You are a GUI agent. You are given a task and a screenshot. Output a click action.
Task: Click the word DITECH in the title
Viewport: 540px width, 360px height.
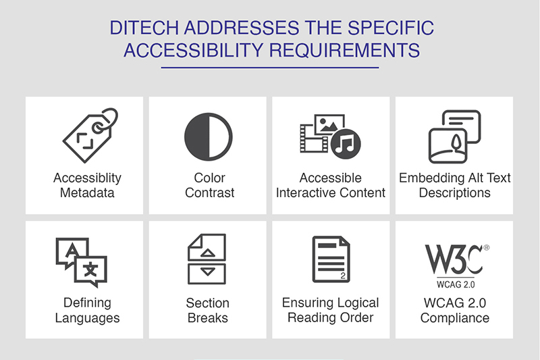(144, 28)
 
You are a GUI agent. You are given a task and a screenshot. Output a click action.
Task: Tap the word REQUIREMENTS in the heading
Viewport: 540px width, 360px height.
(344, 50)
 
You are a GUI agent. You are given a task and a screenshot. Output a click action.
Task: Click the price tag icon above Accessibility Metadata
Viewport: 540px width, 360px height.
(90, 135)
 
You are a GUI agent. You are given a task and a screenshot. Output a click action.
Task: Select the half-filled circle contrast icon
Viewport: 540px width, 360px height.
(209, 136)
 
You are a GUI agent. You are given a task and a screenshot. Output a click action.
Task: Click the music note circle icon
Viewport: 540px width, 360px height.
(346, 144)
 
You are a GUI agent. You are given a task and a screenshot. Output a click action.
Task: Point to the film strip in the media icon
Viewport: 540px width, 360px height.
(314, 138)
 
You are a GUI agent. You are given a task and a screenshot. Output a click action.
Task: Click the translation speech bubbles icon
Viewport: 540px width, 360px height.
(81, 262)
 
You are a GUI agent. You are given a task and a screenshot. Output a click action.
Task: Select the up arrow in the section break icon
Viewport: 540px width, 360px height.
(208, 253)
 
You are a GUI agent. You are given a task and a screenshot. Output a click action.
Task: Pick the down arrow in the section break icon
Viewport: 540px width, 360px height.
(208, 272)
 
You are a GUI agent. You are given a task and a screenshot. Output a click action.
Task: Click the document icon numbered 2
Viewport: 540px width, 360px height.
(331, 259)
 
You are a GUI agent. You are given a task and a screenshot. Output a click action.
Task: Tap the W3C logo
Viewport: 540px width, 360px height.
(457, 259)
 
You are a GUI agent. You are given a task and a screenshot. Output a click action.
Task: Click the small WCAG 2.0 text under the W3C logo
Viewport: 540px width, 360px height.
(456, 284)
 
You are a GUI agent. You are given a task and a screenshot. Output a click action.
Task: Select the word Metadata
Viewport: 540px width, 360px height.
(87, 193)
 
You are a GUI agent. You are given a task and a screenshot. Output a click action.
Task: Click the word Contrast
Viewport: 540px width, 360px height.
(209, 193)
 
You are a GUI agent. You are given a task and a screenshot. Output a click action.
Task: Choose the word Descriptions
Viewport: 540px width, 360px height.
(454, 193)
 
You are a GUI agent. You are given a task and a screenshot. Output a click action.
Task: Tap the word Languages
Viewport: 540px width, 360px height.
(88, 318)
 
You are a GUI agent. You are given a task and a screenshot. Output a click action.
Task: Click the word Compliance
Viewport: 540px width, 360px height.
(454, 318)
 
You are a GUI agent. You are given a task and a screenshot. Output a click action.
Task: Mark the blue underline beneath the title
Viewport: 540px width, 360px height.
(270, 68)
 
